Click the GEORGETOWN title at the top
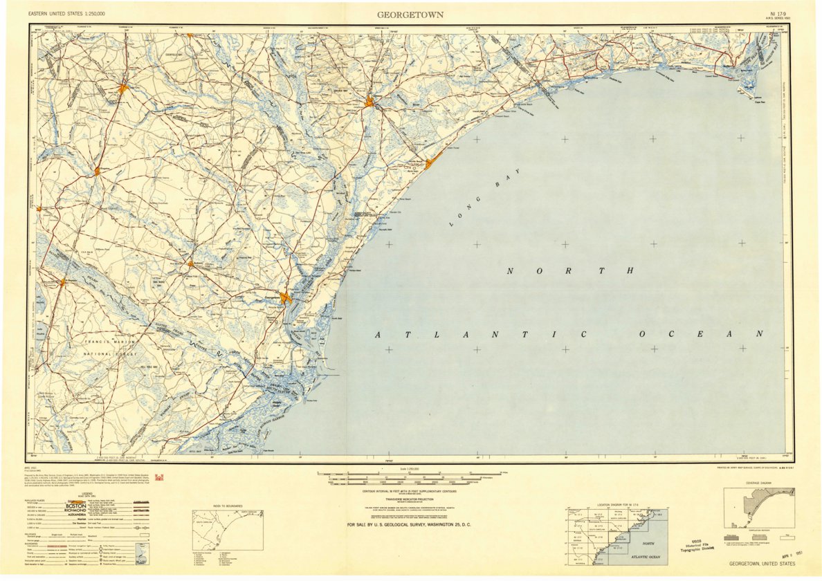pos(410,15)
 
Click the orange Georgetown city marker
pos(286,298)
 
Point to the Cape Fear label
pos(759,102)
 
